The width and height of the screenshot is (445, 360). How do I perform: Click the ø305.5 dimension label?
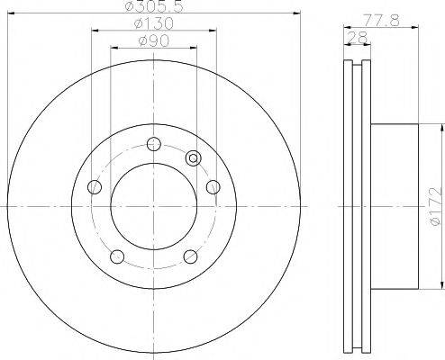(153, 5)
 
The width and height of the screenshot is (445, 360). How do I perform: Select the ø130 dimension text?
(153, 23)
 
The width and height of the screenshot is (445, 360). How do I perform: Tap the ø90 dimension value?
(154, 41)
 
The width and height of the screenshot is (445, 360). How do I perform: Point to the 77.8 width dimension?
(381, 21)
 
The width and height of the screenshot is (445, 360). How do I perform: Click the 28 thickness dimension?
(358, 38)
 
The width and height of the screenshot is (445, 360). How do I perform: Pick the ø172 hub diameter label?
(437, 206)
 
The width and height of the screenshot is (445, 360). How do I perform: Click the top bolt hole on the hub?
(154, 144)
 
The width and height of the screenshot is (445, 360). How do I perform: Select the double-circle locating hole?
(194, 158)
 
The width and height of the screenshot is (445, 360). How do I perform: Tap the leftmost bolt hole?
(95, 187)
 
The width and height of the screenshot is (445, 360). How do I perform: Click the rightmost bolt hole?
(213, 187)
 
